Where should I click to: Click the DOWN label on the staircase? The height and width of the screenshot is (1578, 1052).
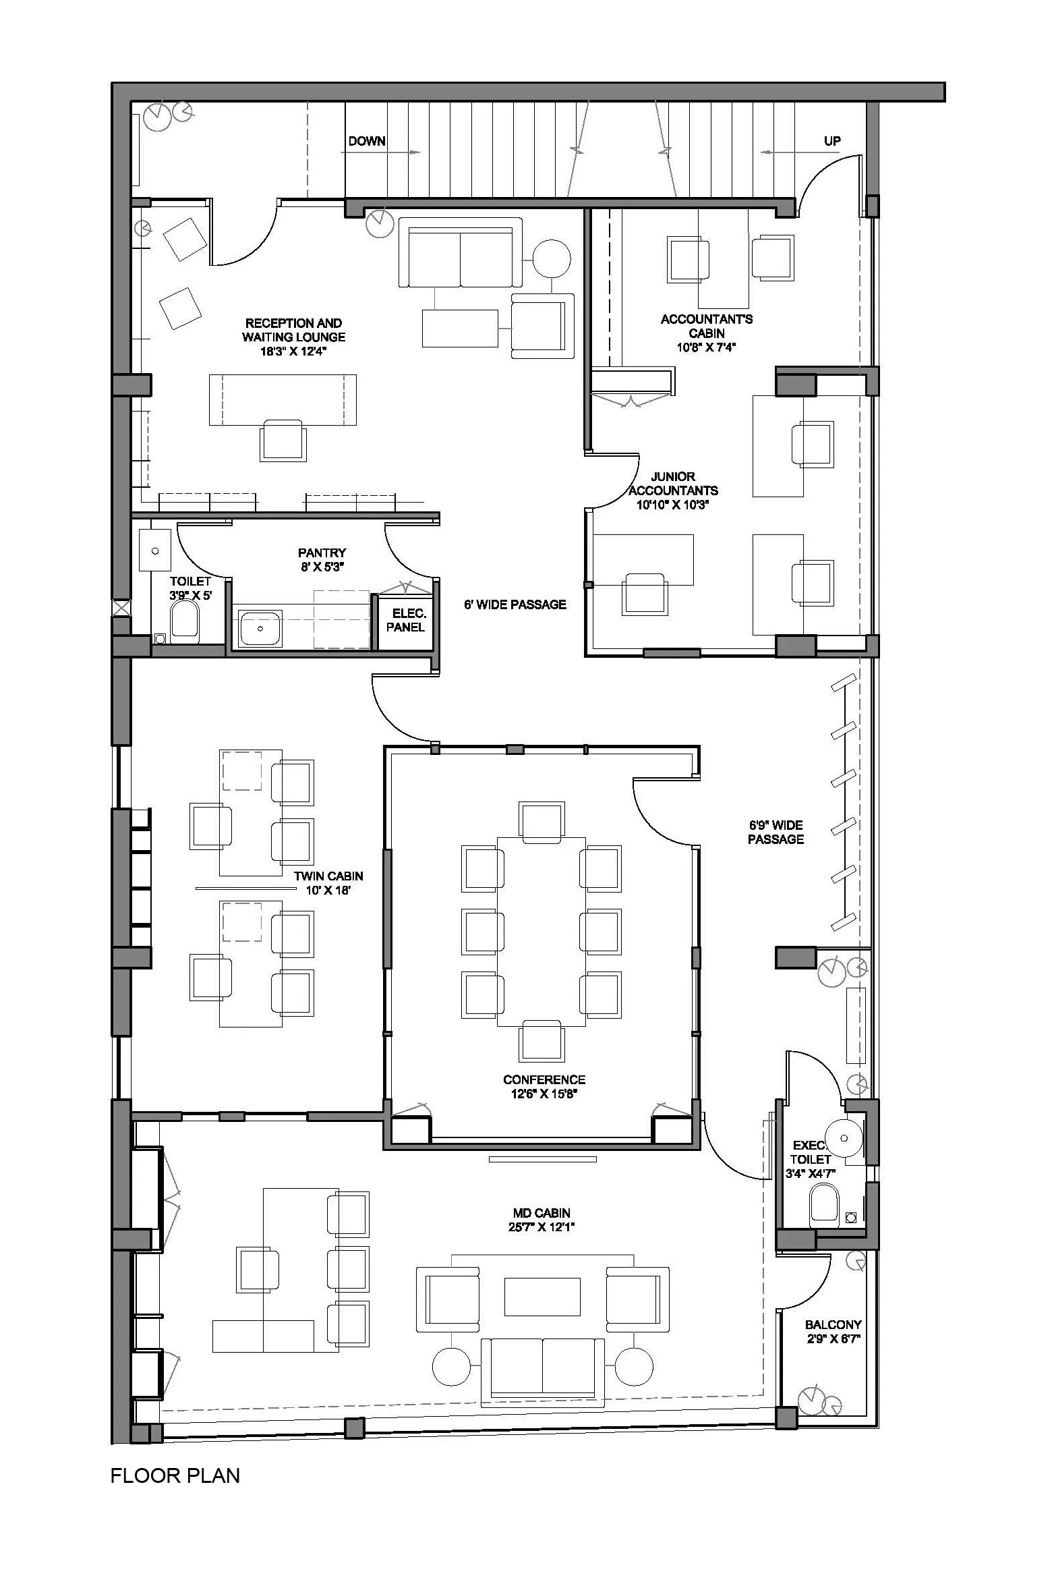click(367, 141)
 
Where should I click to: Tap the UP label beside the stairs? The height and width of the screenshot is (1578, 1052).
click(832, 141)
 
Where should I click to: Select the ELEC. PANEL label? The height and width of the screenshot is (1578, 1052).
click(406, 620)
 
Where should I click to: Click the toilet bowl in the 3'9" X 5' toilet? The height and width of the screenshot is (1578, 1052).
click(185, 620)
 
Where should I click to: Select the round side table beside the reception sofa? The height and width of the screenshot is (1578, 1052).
click(552, 258)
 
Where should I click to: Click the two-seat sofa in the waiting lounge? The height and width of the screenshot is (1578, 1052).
click(461, 252)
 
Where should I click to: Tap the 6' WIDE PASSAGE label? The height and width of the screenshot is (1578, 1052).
click(515, 604)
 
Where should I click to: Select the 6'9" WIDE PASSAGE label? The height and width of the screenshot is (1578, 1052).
click(776, 832)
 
